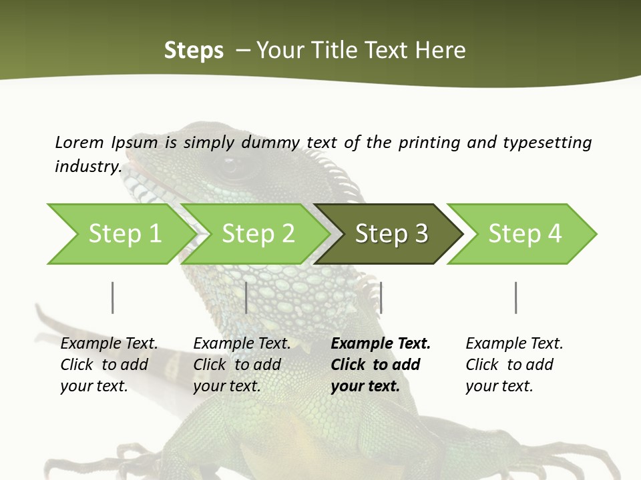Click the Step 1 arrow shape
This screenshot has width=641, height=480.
[120, 234]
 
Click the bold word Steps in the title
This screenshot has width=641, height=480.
[194, 51]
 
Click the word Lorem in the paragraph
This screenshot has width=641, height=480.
[79, 142]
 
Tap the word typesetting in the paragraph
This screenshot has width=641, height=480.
[547, 143]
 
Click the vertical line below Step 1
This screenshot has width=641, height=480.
[112, 297]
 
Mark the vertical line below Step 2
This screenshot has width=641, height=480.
[246, 297]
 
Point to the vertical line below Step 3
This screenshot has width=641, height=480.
[381, 297]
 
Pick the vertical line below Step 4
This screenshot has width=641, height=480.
[515, 297]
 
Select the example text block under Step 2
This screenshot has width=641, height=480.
[241, 365]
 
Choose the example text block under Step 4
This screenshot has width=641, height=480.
[513, 365]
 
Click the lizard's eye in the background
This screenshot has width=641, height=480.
[233, 167]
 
